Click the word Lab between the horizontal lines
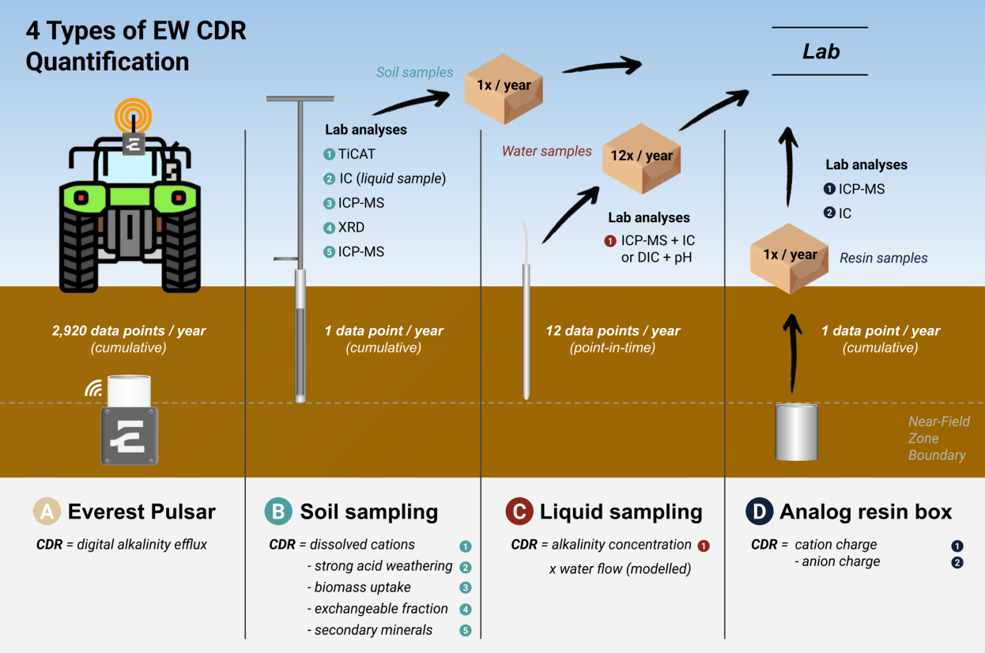coord(821,52)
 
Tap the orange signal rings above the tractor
coord(133,116)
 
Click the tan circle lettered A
coord(47,511)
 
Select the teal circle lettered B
coord(278,511)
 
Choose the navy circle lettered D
coord(759,511)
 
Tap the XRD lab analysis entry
coord(351,228)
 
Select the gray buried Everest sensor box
coord(129,436)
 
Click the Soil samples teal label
coord(414,73)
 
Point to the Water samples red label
coord(546,151)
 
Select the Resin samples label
coord(883,258)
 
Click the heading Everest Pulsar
coord(142,511)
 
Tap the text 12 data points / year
coord(613,331)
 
